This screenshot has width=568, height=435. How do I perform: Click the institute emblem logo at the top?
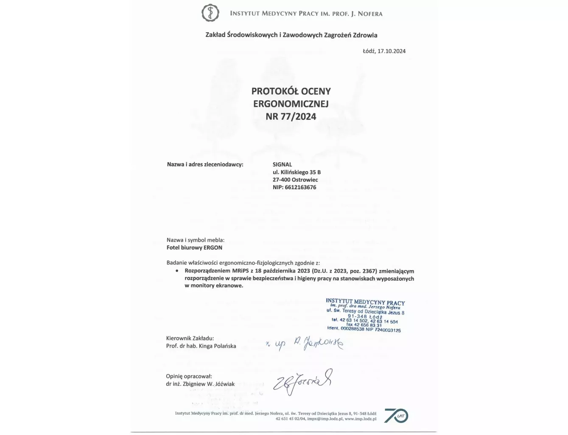210,13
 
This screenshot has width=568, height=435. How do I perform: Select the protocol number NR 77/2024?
291,116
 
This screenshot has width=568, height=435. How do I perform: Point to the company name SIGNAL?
282,164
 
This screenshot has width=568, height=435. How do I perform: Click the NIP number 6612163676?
300,187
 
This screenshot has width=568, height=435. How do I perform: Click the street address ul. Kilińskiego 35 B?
297,172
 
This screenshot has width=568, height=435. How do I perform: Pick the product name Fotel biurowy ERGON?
194,248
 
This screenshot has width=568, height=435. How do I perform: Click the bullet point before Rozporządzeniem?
176,271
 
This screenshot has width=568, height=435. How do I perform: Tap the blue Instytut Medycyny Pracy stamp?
365,315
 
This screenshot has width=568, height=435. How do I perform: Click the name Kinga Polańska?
217,346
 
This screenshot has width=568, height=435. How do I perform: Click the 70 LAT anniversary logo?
396,415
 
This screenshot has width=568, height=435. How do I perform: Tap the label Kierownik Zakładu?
190,339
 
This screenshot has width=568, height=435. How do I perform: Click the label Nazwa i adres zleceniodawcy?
205,164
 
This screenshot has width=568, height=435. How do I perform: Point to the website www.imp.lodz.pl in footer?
361,419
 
